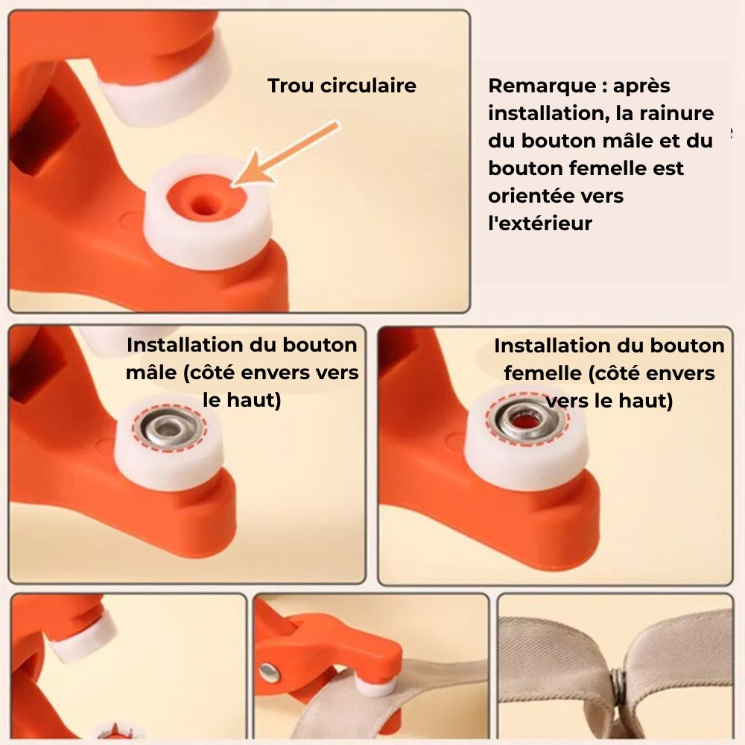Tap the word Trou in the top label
click(291, 86)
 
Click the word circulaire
click(368, 86)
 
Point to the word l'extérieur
click(540, 223)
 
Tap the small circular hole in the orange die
click(203, 206)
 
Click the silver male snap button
click(169, 429)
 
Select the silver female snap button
click(527, 419)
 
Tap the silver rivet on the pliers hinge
click(269, 672)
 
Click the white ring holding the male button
click(168, 446)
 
